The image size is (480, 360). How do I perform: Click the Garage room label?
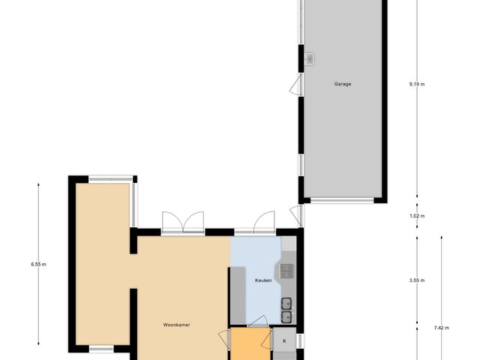343,84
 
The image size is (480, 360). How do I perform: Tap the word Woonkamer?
177,325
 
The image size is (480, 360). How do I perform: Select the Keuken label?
262,280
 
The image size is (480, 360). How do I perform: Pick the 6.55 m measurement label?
38,264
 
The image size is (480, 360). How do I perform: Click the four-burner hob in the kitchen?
287,270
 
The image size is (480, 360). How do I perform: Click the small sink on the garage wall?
310,58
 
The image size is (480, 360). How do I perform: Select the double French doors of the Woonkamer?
182,222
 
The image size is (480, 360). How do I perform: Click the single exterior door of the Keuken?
263,223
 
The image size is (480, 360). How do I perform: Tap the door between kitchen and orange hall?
257,323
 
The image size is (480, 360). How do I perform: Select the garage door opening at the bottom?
343,200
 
